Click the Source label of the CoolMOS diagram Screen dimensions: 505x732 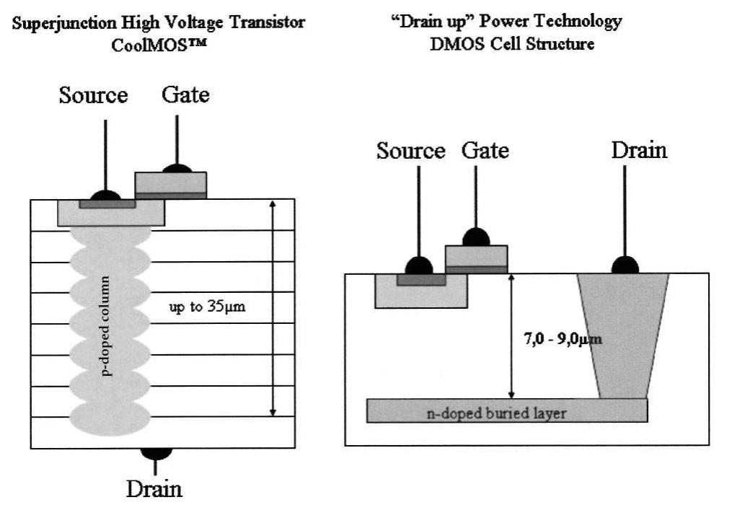[x=94, y=95]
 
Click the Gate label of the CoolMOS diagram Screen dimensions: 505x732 [x=185, y=95]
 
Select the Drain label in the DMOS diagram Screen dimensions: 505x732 [x=639, y=150]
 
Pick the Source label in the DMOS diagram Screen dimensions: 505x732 [x=411, y=151]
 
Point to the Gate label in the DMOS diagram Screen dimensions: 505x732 [x=485, y=150]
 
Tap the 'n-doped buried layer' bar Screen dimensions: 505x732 [x=506, y=412]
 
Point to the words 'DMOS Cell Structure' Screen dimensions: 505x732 [x=511, y=43]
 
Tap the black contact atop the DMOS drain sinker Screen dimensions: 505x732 [x=624, y=267]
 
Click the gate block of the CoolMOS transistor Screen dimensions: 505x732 [x=171, y=184]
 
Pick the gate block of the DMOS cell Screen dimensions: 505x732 [x=476, y=258]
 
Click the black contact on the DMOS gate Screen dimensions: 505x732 [x=476, y=237]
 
